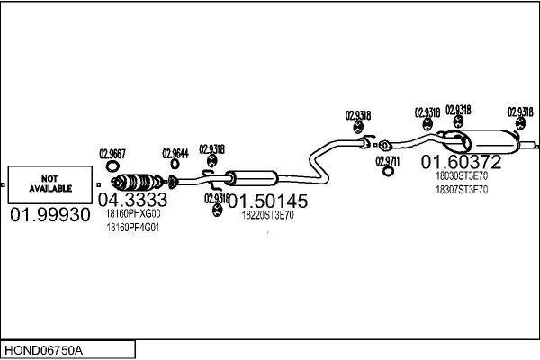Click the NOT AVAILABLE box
click(x=50, y=184)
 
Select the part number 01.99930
click(x=50, y=216)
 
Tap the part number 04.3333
click(x=132, y=199)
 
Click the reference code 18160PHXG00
click(x=132, y=214)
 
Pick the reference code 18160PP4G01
click(x=132, y=228)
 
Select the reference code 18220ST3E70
click(x=267, y=215)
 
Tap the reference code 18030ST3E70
click(x=461, y=176)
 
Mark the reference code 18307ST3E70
click(x=461, y=190)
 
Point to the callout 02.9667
click(x=112, y=152)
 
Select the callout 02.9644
click(x=175, y=153)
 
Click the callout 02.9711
click(x=387, y=161)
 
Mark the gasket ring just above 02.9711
click(x=385, y=144)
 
